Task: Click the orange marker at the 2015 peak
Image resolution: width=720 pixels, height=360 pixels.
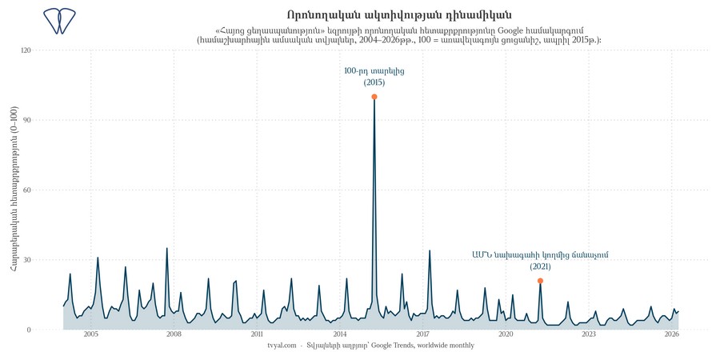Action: pyautogui.click(x=374, y=97)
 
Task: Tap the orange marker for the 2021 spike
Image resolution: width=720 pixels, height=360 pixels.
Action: pyautogui.click(x=541, y=281)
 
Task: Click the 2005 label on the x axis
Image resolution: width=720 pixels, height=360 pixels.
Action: pyautogui.click(x=90, y=334)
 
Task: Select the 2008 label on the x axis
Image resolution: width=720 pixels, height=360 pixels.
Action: pyautogui.click(x=174, y=334)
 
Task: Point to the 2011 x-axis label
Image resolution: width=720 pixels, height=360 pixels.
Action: pyautogui.click(x=257, y=334)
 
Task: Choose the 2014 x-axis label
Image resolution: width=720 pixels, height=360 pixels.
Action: pyautogui.click(x=340, y=334)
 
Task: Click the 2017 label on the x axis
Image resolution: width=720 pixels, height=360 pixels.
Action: pyautogui.click(x=423, y=334)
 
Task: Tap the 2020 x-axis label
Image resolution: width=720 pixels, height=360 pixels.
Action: pyautogui.click(x=506, y=334)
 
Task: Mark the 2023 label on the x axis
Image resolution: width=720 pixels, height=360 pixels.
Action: pyautogui.click(x=589, y=334)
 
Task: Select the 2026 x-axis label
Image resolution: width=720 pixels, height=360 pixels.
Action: pyautogui.click(x=672, y=334)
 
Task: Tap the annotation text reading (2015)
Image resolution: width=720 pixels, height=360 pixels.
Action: pyautogui.click(x=374, y=82)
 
